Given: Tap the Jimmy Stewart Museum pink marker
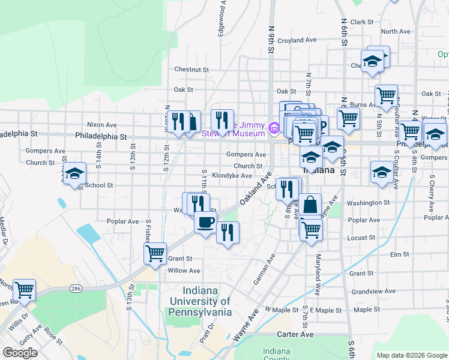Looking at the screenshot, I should click(274, 127).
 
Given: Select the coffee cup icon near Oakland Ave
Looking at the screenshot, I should click(205, 222).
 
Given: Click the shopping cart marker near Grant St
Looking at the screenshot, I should click(155, 253).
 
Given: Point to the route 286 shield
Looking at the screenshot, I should click(76, 289).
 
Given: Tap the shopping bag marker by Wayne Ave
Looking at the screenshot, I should click(311, 205).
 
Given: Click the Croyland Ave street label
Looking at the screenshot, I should click(297, 40).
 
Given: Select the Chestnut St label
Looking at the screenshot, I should click(191, 70).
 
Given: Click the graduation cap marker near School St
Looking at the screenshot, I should click(74, 174).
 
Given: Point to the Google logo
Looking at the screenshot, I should click(20, 352).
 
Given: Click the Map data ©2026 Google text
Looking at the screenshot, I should click(412, 355).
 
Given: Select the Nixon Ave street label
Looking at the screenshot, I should click(101, 125).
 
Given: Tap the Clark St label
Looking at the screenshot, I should click(362, 22).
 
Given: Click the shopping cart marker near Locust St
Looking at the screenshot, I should click(311, 229).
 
